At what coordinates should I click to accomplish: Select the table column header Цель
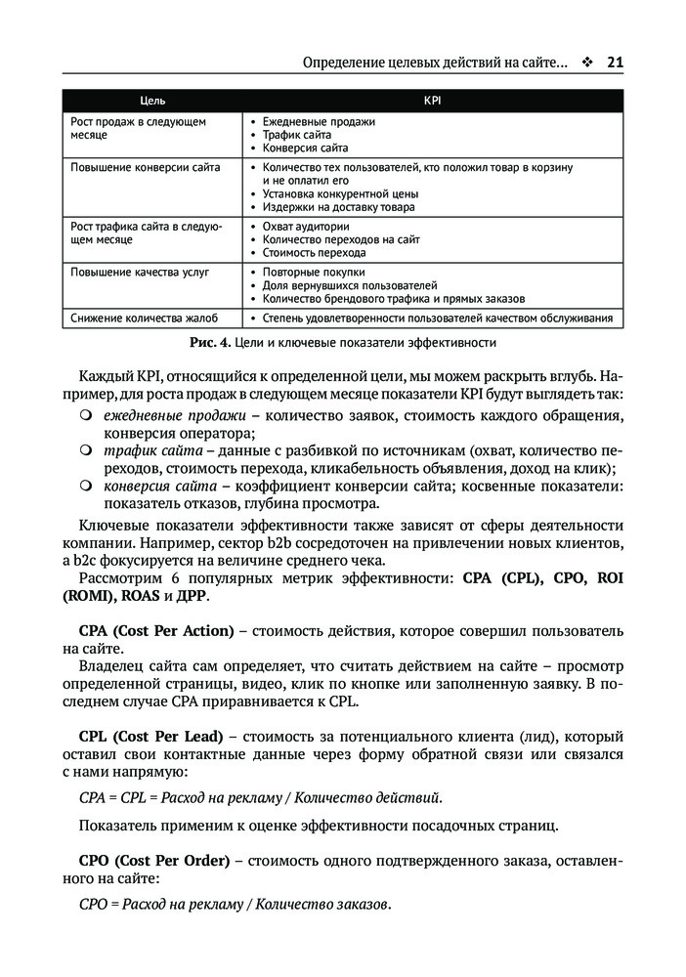152,101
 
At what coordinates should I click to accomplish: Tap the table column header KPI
432,101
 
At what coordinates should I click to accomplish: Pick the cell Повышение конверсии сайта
146,167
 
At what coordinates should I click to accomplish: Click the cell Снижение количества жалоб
144,318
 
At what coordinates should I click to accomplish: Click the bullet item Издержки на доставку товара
339,207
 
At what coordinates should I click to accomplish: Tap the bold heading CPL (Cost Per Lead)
151,735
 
